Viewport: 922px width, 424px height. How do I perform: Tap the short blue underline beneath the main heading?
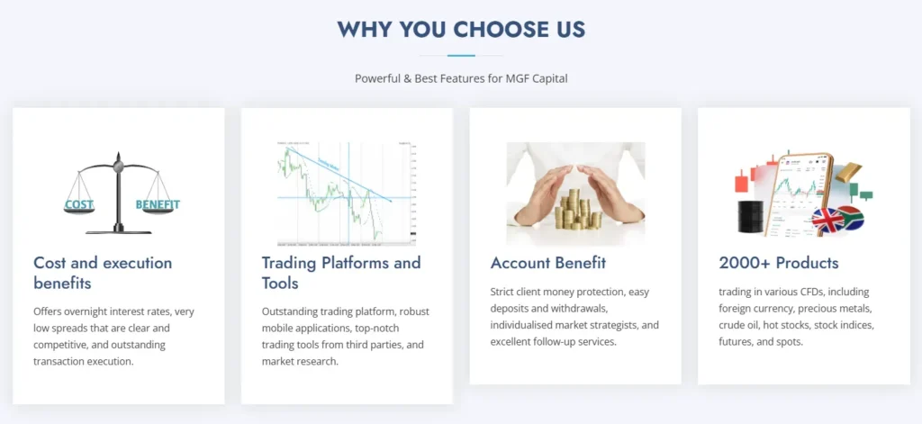pyautogui.click(x=461, y=56)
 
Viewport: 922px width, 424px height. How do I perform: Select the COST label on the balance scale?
pyautogui.click(x=78, y=205)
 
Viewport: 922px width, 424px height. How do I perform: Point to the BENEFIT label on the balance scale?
pyautogui.click(x=158, y=204)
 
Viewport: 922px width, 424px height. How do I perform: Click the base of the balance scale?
pyautogui.click(x=117, y=230)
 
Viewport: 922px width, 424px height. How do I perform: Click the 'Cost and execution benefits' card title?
pyautogui.click(x=102, y=273)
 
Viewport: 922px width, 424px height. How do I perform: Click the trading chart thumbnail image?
pyautogui.click(x=346, y=194)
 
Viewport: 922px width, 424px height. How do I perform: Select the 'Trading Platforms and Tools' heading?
pyautogui.click(x=340, y=273)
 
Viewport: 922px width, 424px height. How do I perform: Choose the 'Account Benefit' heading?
pyautogui.click(x=547, y=263)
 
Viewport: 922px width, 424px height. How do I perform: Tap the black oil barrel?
pyautogui.click(x=749, y=217)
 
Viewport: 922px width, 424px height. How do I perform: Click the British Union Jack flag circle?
pyautogui.click(x=826, y=220)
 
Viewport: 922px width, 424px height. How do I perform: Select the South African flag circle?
pyautogui.click(x=850, y=217)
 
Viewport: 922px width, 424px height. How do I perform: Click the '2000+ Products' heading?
pyautogui.click(x=778, y=263)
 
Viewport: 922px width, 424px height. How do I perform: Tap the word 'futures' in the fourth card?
pyautogui.click(x=737, y=341)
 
